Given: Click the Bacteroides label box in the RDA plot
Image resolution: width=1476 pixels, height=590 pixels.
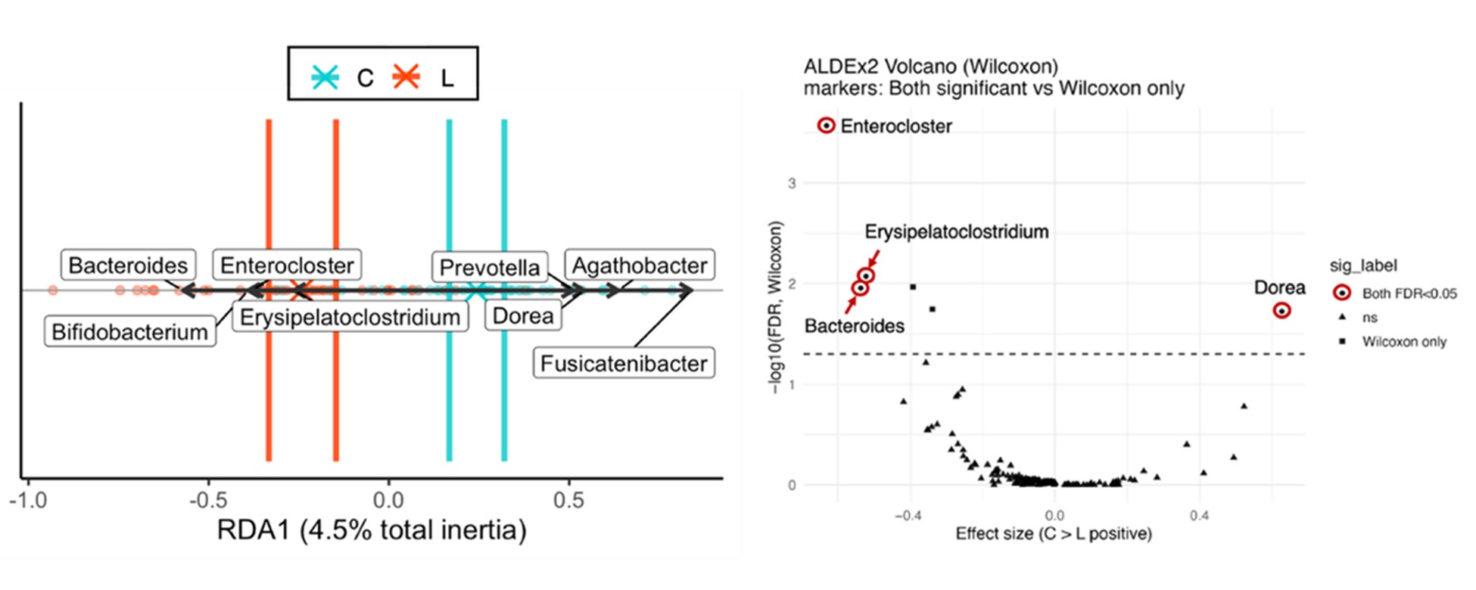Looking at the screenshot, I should coord(128,265).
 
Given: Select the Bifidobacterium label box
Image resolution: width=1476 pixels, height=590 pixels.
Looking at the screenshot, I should coord(129,331).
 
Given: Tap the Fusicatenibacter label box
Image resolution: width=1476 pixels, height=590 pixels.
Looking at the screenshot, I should coord(624,363).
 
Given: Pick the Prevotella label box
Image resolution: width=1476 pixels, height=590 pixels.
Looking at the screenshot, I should coord(490,267).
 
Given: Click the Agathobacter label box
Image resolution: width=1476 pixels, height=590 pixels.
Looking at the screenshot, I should coord(640,265).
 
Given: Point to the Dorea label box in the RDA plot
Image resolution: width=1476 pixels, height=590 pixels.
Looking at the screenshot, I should coord(523,315).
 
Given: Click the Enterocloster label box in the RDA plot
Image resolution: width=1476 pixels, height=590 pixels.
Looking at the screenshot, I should coord(287,265).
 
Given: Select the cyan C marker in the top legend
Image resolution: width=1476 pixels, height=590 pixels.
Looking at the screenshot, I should coord(325,77).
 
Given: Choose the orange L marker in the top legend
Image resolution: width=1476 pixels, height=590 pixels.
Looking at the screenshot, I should coord(406,77).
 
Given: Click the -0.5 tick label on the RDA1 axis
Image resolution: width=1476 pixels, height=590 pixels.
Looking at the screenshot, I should coord(208,500).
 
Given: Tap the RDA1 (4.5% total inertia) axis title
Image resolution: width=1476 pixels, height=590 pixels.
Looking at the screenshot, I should coord(371,530).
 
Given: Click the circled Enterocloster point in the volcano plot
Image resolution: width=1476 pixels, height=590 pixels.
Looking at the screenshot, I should coord(827,126).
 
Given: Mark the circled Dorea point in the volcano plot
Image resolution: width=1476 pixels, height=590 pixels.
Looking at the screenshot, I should coord(1281,310).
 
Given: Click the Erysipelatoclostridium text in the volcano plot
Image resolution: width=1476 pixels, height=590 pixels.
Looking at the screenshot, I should coord(957,231).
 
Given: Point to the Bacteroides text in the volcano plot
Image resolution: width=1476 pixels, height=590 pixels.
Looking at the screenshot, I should coord(854,326).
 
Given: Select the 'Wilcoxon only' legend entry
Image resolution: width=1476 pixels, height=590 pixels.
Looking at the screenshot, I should coord(1404,342).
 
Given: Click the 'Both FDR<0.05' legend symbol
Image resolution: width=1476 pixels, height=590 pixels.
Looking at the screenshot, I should coord(1342,293).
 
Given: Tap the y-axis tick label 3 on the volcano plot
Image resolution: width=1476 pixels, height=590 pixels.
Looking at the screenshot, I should coord(792,184).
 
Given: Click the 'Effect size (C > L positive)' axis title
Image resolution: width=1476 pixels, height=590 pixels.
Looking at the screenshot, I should coord(1053,534).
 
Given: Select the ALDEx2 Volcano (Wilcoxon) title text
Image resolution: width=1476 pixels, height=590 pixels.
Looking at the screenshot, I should coord(930,67).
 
